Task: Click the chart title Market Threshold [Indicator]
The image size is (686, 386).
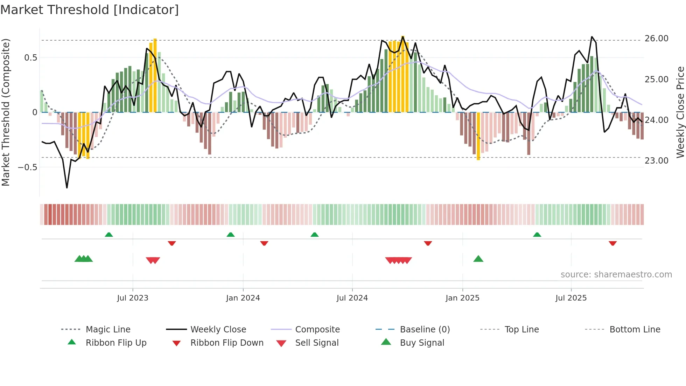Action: (90, 10)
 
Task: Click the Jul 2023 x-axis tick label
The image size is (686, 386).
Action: (133, 298)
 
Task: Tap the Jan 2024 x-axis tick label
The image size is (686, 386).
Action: (243, 298)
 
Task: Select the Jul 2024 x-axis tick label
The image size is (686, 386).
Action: (352, 298)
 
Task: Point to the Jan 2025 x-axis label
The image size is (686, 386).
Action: (462, 298)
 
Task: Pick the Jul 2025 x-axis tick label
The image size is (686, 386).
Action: (571, 298)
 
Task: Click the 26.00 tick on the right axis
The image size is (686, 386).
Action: (656, 39)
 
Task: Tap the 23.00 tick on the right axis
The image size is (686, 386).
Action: (656, 161)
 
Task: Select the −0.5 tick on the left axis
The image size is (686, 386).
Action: (28, 167)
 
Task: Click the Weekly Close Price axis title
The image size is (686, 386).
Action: (680, 112)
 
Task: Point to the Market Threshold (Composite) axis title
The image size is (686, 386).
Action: (6, 112)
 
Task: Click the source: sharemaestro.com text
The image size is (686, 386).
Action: (616, 275)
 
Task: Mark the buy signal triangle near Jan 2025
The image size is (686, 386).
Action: (478, 259)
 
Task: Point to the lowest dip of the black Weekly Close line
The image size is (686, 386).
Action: (67, 188)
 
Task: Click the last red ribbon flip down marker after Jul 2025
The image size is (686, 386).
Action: (612, 243)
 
